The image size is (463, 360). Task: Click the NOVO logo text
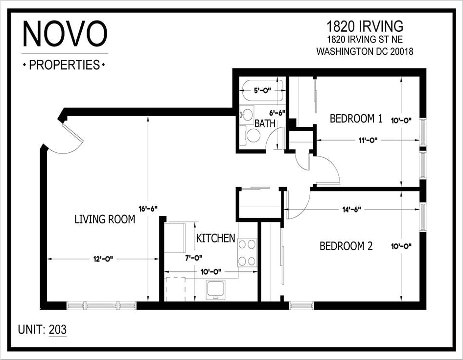tap(65, 34)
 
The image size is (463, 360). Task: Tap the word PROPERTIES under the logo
tap(65, 65)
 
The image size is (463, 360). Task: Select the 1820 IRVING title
tap(365, 26)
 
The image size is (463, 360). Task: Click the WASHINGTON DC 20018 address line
tap(365, 51)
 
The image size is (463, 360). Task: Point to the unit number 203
tap(58, 330)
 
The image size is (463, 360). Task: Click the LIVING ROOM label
tap(105, 219)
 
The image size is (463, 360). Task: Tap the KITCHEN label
tap(215, 239)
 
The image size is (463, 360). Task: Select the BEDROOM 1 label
tap(356, 119)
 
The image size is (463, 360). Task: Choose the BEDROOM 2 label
tap(346, 246)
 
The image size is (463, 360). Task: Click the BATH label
tap(265, 124)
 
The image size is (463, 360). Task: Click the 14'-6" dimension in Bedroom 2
tap(351, 210)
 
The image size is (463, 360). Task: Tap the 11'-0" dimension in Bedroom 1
tap(367, 140)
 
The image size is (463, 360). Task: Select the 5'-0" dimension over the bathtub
tap(262, 90)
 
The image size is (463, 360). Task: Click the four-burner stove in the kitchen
tap(248, 252)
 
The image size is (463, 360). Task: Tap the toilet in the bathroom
tap(253, 135)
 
